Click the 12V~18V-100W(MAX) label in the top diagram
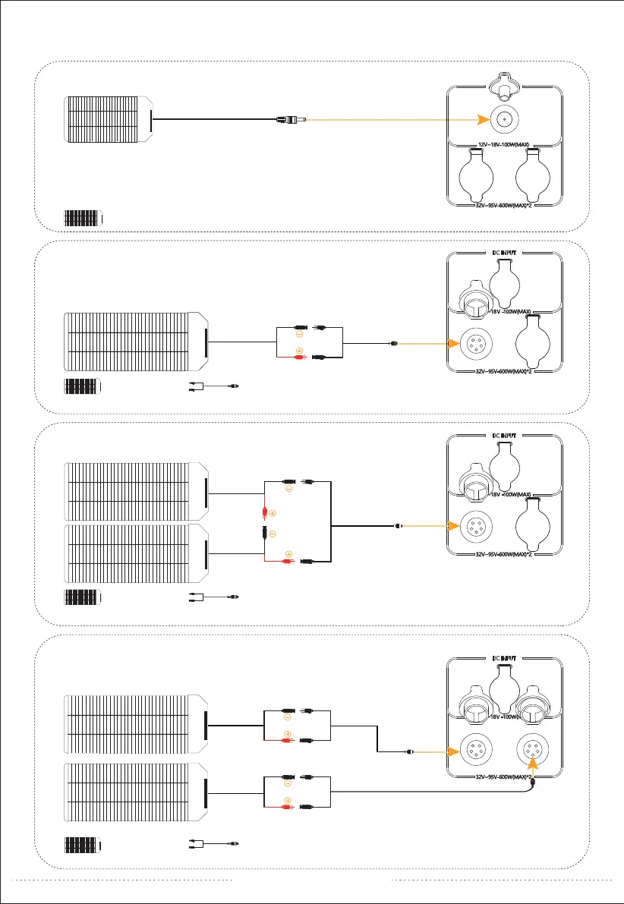click(505, 143)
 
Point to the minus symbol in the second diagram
click(299, 334)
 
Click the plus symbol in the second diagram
click(299, 351)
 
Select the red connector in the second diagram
click(289, 358)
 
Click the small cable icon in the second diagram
click(215, 386)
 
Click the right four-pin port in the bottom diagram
click(533, 752)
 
